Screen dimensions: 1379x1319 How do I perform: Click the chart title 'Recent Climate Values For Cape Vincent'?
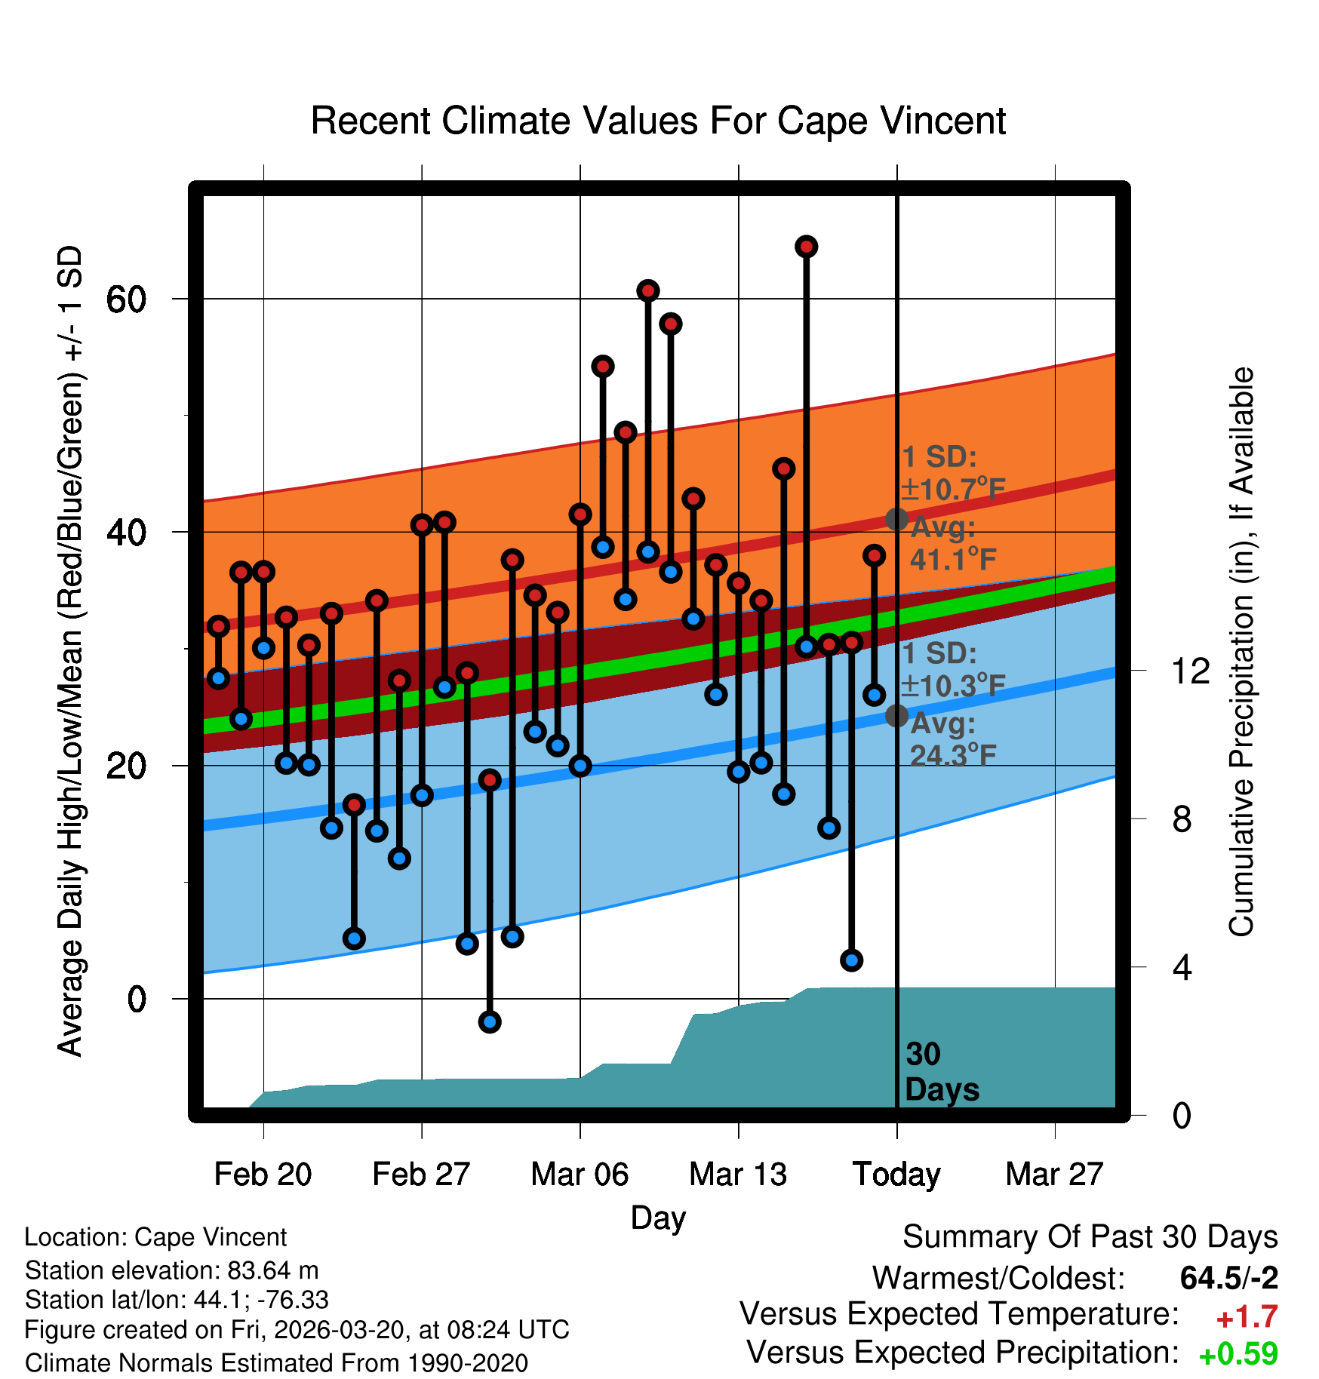(658, 121)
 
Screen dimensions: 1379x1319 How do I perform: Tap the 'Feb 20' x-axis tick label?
(263, 1175)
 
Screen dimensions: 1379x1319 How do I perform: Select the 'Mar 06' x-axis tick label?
(580, 1175)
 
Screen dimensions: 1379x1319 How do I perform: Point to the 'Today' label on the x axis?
(896, 1175)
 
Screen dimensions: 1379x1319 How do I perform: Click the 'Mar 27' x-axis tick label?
(1054, 1175)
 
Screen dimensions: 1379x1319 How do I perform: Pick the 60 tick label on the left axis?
(126, 299)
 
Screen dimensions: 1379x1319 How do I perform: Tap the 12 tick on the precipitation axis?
(1191, 671)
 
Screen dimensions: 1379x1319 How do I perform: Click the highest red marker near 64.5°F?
(807, 247)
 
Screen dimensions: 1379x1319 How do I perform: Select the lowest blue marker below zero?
(490, 1022)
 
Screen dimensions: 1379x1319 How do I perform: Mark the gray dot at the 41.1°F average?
(896, 519)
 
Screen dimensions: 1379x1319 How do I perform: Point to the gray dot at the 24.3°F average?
(896, 715)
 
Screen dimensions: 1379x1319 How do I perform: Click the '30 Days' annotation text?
(941, 1072)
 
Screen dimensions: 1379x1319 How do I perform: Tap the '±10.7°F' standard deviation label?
(953, 490)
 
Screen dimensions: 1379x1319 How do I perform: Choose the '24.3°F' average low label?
(953, 755)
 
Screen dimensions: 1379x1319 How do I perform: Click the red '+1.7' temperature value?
(1247, 1317)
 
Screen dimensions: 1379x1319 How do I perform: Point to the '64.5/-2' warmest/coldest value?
(1228, 1278)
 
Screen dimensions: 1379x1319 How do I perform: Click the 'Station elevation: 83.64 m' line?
(171, 1270)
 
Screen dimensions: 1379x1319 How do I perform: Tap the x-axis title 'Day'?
(658, 1218)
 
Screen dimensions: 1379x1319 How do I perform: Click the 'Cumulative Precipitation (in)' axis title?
(1241, 653)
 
